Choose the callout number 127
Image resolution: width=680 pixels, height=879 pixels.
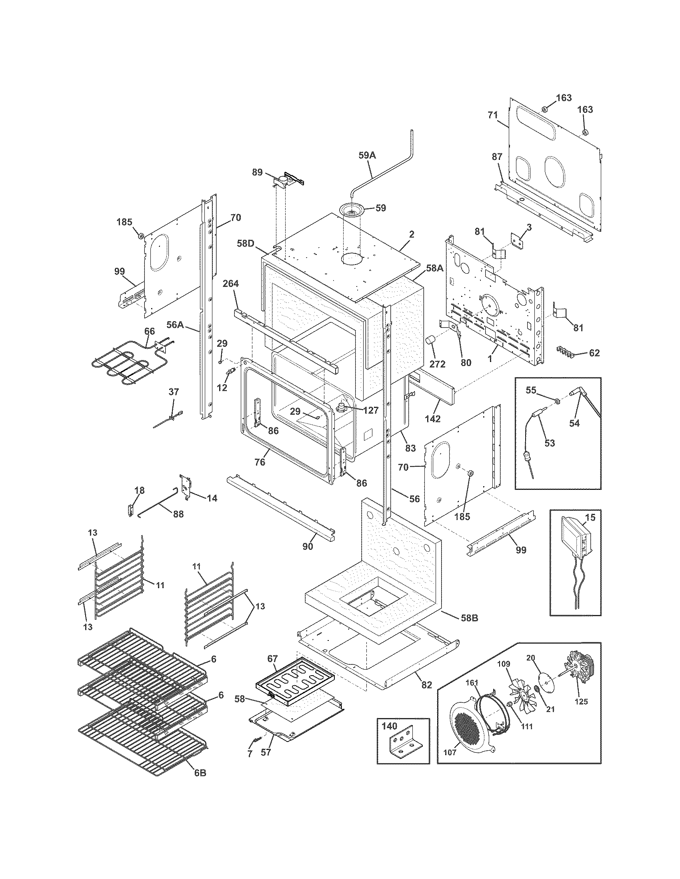[x=370, y=410]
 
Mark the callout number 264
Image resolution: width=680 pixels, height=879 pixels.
[x=230, y=284]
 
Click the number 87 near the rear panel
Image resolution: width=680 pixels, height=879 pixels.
[x=497, y=157]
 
